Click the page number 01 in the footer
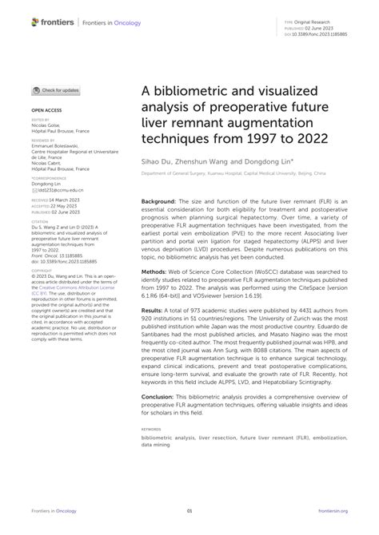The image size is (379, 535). (x=189, y=511)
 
